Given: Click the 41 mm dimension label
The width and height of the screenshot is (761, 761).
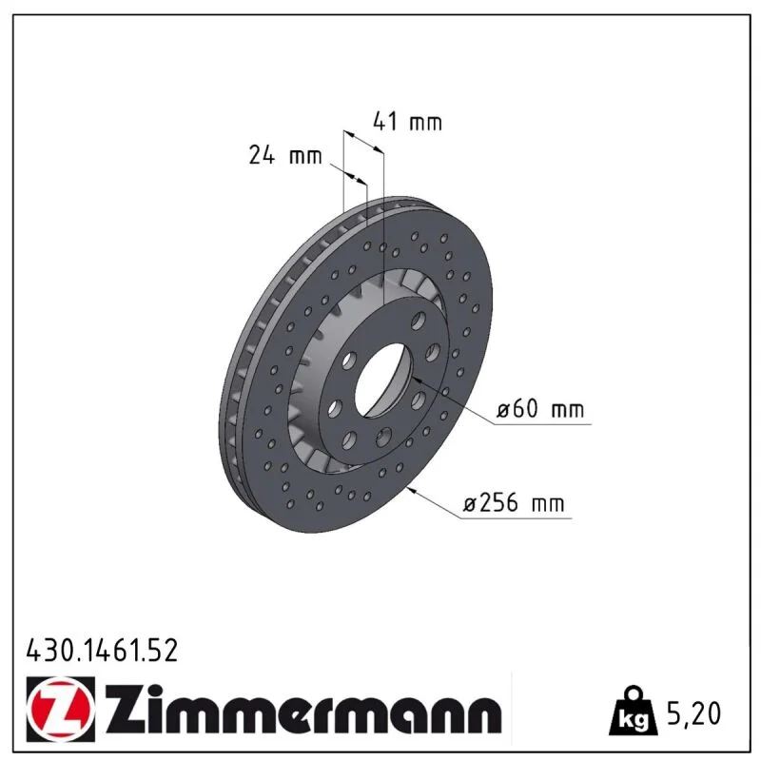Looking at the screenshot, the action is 407,122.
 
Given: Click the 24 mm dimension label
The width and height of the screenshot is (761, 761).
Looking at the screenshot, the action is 285,155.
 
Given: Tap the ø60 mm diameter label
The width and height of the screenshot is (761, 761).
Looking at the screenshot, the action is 539,409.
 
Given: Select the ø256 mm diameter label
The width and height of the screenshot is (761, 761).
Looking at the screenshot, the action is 514,502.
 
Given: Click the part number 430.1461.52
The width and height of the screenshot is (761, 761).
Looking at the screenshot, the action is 102,651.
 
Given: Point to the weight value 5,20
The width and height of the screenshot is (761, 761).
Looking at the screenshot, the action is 694,713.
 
